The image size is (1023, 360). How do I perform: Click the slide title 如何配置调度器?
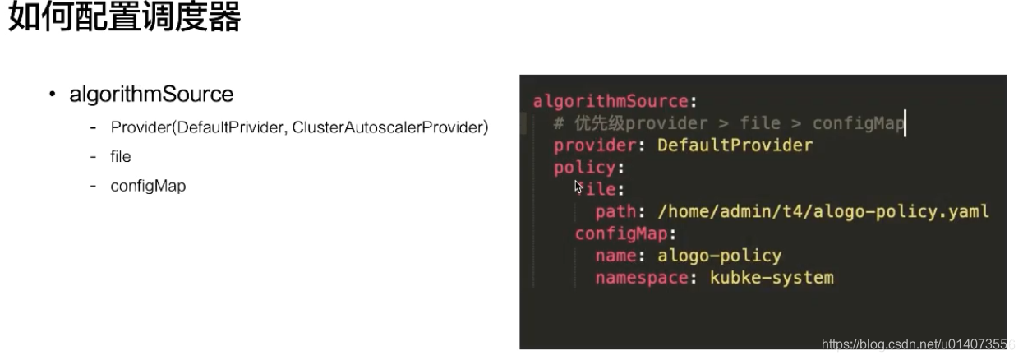[124, 18]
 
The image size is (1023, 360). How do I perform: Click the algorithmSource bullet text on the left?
[151, 95]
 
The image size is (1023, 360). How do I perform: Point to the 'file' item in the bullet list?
[121, 157]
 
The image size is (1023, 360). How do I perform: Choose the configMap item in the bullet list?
[148, 186]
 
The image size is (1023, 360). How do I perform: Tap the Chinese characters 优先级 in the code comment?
[600, 123]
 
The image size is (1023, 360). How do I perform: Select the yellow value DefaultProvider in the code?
[735, 145]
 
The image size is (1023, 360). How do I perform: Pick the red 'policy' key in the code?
[584, 168]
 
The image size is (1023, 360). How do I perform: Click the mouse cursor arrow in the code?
[579, 187]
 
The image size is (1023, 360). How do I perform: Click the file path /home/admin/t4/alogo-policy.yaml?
[823, 211]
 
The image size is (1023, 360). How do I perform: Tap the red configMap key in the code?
[620, 233]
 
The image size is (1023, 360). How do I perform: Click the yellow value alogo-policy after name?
[719, 256]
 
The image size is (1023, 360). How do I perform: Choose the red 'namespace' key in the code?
[642, 278]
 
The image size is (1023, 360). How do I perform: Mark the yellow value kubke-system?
[772, 278]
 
